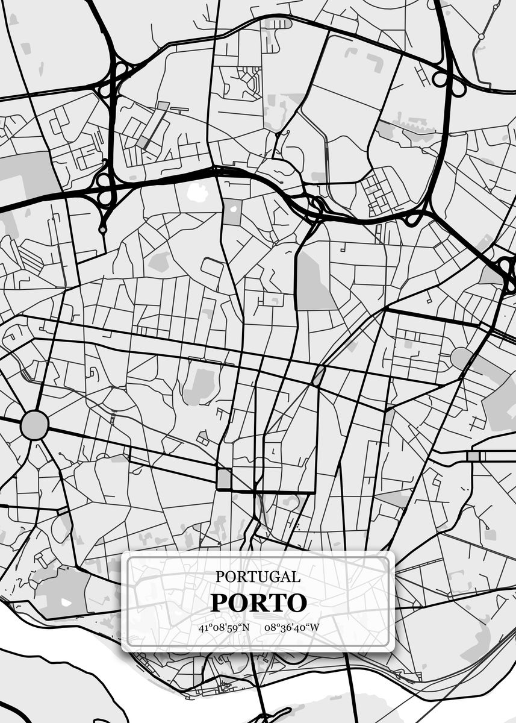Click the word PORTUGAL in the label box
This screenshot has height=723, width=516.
[x=258, y=577]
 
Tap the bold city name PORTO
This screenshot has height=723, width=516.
[x=258, y=602]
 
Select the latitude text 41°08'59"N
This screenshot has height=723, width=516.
[x=224, y=628]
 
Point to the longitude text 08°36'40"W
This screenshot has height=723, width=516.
[x=291, y=628]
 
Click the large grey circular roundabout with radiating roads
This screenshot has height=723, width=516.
[x=34, y=425]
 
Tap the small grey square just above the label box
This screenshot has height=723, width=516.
[x=223, y=479]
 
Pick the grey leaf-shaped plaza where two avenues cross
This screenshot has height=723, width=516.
[x=318, y=375]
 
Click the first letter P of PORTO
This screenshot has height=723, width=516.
[x=218, y=602]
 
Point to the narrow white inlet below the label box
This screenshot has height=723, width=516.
[x=265, y=717]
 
